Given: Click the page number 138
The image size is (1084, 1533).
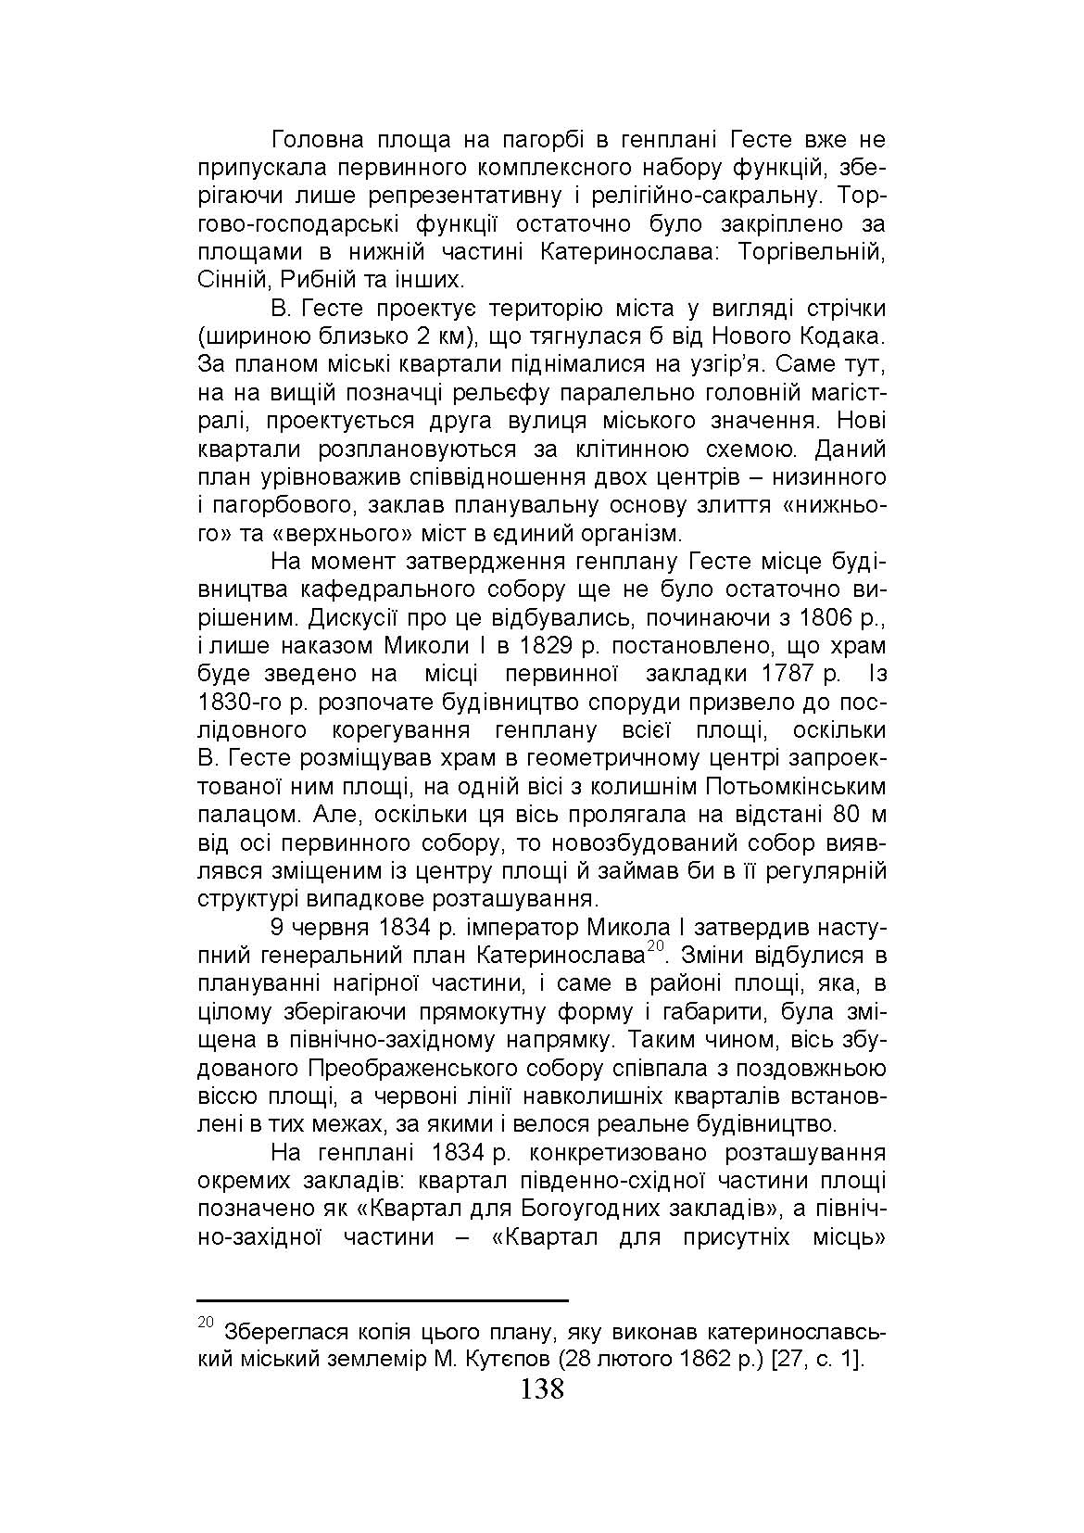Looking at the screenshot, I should pyautogui.click(x=542, y=1389).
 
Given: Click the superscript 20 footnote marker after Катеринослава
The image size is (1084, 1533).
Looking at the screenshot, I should pyautogui.click(x=657, y=945).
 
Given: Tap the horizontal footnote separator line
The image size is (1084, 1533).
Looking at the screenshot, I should pyautogui.click(x=383, y=1300).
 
